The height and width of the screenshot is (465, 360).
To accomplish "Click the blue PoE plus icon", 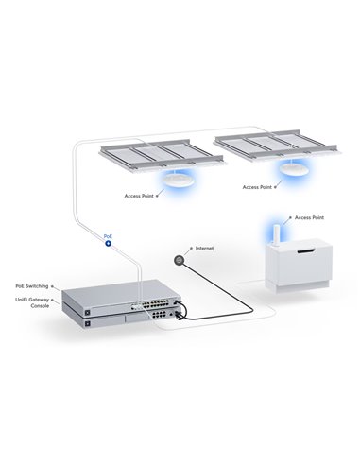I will click(108, 243).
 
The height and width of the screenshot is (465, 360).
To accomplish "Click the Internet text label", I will click(203, 248).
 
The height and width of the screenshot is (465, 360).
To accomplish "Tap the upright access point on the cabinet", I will click(278, 235).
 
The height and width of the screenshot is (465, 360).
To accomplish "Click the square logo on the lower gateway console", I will click(90, 325).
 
